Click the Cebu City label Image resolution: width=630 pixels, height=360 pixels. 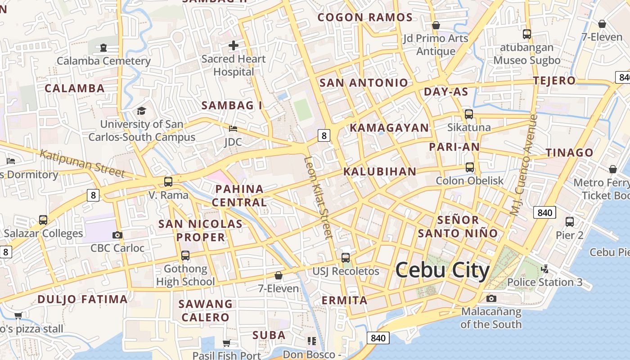(442, 270)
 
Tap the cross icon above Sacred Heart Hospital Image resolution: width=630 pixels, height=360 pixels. (234, 45)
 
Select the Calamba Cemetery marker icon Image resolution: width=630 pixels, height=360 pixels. (103, 47)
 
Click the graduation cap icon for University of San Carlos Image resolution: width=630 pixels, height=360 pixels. (141, 111)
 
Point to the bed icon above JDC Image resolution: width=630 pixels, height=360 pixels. (233, 129)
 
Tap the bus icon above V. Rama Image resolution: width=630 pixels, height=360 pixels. (168, 182)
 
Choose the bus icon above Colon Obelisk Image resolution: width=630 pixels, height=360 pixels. (470, 167)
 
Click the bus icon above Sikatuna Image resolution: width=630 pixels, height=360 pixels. (469, 114)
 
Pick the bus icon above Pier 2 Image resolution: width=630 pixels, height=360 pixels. (570, 221)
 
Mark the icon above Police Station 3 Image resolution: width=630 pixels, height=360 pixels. (545, 269)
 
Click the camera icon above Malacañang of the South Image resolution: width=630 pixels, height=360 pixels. (491, 298)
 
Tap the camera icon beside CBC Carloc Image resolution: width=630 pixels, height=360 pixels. (117, 235)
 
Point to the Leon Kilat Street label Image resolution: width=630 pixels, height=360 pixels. (318, 197)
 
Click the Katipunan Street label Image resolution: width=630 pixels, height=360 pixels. (82, 163)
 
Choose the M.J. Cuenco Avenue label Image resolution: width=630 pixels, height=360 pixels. (524, 165)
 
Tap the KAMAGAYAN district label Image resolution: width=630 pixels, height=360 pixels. (389, 128)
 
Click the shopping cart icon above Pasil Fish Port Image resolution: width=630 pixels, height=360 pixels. (227, 343)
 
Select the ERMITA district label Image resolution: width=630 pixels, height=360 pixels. (344, 300)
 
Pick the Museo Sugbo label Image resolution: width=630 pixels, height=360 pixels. (527, 60)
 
